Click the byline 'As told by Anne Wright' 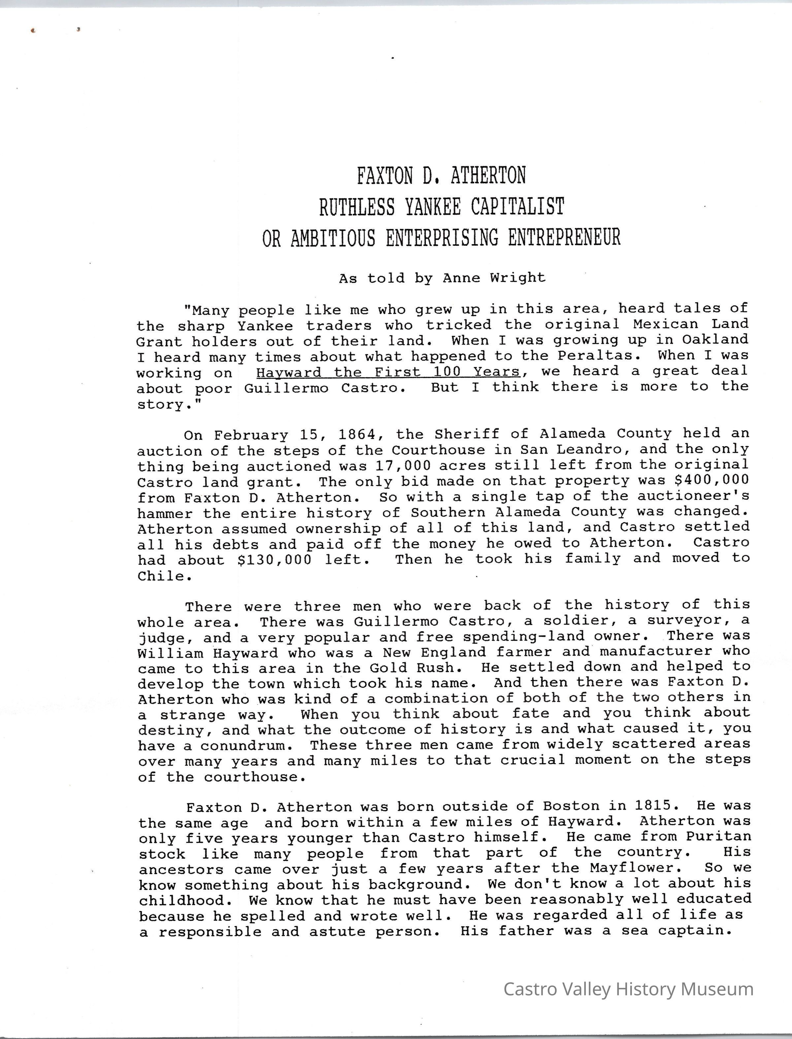click(x=442, y=278)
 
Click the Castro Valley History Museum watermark click(x=628, y=989)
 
